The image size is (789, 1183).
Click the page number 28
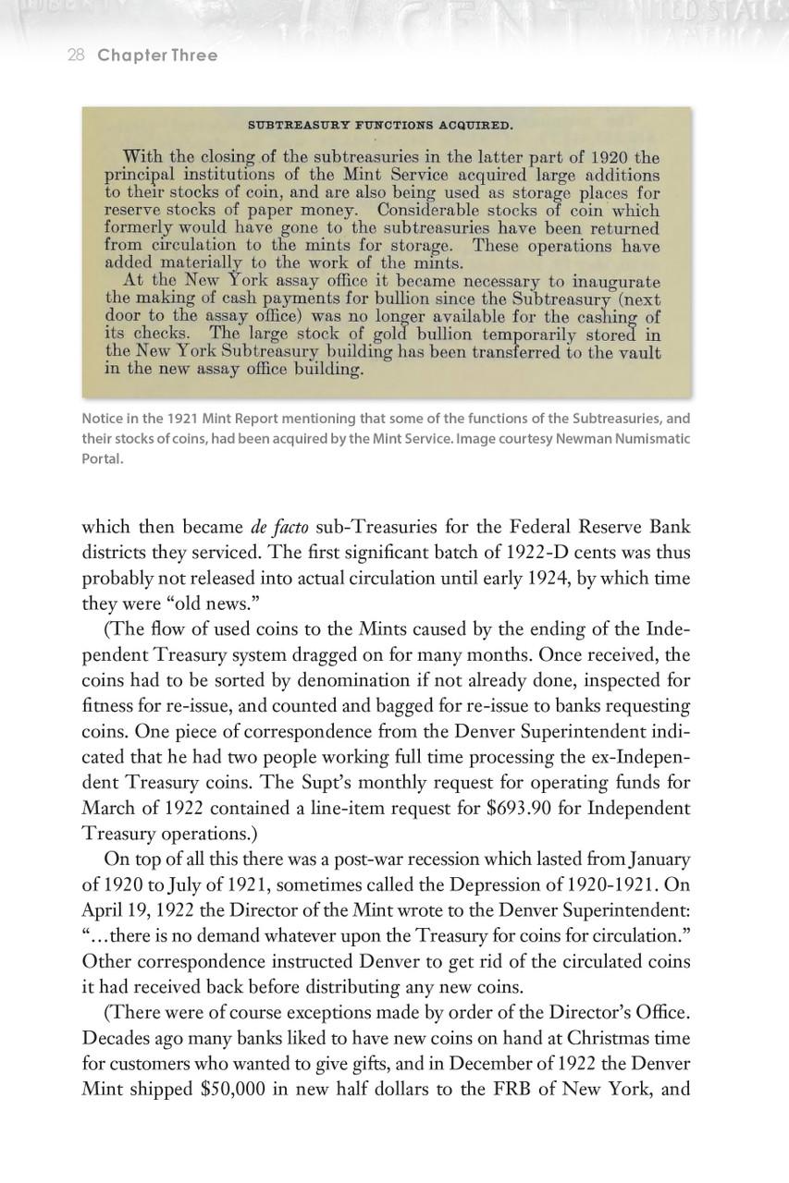click(76, 55)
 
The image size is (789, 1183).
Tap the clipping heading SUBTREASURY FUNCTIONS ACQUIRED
click(380, 125)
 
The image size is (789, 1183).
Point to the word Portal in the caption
click(102, 458)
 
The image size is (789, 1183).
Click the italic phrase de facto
click(279, 528)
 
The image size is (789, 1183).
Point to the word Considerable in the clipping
click(414, 210)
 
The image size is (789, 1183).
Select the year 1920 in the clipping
click(604, 156)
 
